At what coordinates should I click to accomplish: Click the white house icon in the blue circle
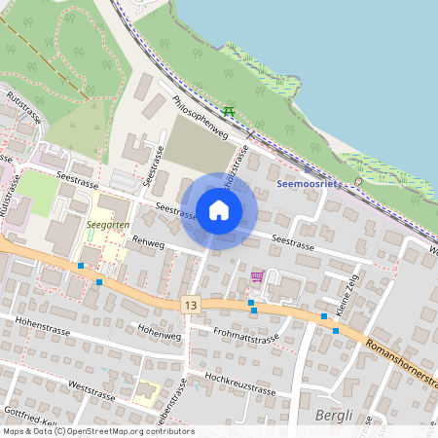pos(219,209)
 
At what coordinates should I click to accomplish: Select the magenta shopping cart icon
pos(257,277)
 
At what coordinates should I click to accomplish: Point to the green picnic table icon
pos(229,112)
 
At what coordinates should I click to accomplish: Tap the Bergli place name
pos(334,417)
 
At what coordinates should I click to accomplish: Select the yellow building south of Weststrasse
pos(146,391)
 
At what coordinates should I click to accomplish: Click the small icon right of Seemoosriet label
pos(358,182)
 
